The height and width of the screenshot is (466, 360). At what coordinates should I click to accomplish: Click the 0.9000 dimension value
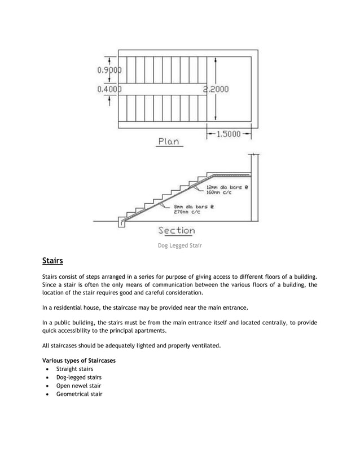109,72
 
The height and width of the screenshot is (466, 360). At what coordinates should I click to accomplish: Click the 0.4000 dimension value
109,89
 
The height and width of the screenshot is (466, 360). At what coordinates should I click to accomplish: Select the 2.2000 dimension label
216,89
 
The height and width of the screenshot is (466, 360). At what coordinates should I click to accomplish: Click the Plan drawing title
168,143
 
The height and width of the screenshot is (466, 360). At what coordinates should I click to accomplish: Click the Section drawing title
176,230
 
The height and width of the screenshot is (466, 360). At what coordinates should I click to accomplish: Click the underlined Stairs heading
52,261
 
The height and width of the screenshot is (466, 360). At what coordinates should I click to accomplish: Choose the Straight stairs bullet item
75,369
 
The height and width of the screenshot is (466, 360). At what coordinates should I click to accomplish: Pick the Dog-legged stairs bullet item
79,377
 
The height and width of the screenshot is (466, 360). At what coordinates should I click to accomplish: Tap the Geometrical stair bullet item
79,394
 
